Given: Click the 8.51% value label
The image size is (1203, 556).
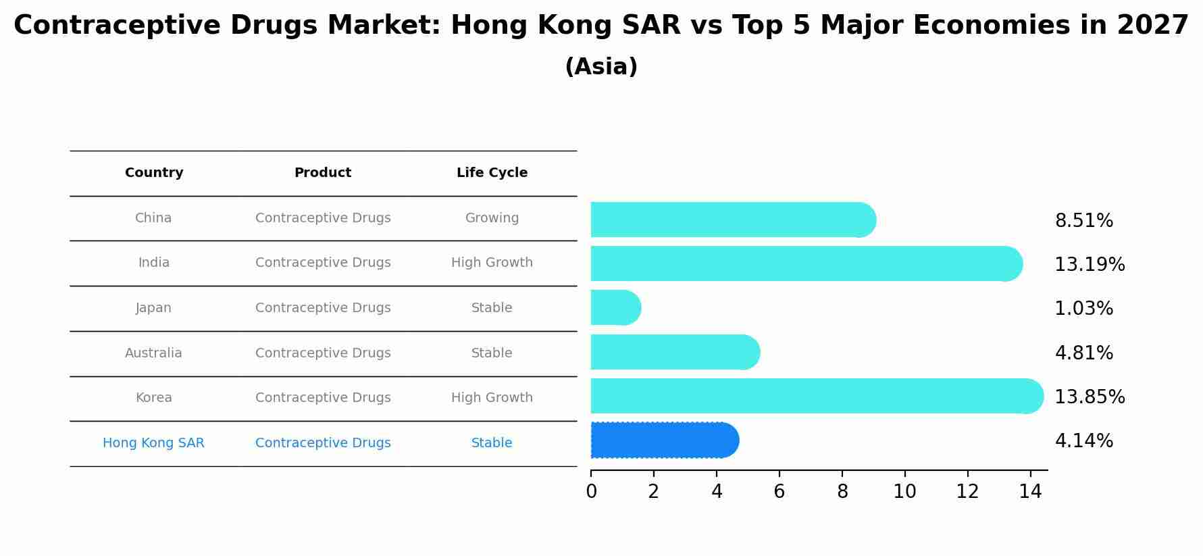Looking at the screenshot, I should click(x=1083, y=221).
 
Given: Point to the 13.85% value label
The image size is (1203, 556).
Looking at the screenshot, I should click(x=1089, y=397).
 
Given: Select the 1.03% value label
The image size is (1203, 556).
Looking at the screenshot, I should click(x=1083, y=309).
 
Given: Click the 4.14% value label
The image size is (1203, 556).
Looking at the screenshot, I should click(x=1083, y=441).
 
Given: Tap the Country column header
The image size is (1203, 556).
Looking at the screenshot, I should click(x=154, y=173).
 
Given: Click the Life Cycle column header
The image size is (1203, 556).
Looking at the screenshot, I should click(x=492, y=173).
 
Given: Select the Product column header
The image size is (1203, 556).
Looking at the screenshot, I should click(x=323, y=173).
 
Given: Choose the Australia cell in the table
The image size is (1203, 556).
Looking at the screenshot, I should click(x=153, y=353).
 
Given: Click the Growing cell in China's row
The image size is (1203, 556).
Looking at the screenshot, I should click(x=492, y=218).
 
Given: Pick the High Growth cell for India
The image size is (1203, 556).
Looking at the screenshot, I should click(x=492, y=263).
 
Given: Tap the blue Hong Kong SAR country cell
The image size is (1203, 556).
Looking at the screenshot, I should click(x=153, y=443).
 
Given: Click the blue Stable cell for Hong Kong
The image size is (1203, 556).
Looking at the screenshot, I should click(x=492, y=443).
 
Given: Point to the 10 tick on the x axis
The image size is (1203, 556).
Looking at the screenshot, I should click(x=904, y=492).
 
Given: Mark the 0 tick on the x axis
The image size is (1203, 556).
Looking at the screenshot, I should click(x=591, y=492).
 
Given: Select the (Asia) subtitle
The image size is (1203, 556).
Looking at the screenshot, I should click(x=601, y=67).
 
